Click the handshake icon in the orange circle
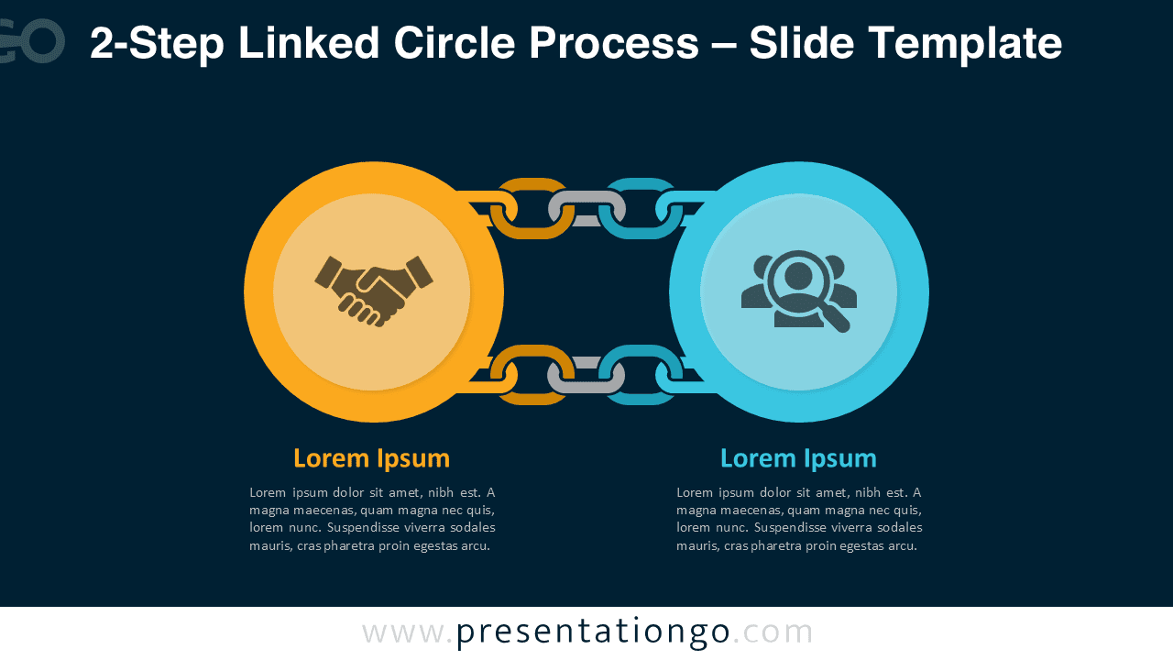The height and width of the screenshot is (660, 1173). [373, 290]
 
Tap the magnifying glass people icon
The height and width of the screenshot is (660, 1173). [798, 290]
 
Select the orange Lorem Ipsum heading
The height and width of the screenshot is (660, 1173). [371, 457]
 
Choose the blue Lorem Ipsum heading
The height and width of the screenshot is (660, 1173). [798, 457]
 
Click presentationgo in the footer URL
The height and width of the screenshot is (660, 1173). [593, 632]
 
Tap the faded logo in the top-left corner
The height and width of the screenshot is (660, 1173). [32, 41]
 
